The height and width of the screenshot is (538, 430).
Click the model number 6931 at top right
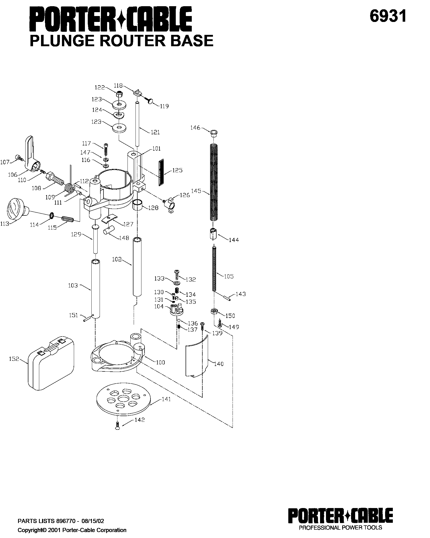coord(388,17)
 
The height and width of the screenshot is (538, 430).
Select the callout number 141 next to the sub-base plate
coord(166,399)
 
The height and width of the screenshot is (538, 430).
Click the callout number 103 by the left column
coord(73,285)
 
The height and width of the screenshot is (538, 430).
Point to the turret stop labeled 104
coord(176,310)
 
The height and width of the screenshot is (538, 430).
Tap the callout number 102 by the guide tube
coord(117,259)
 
